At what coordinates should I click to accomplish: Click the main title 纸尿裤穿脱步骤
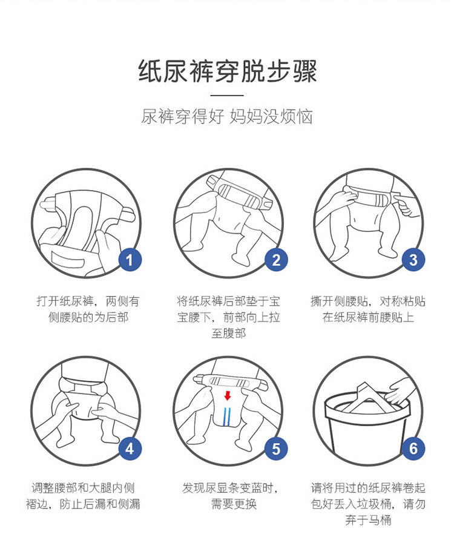(x=227, y=71)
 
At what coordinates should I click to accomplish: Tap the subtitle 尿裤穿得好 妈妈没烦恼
(x=227, y=116)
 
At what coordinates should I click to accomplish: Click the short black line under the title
(x=227, y=95)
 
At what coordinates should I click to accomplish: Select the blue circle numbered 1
(x=130, y=260)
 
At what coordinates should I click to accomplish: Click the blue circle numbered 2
(x=276, y=260)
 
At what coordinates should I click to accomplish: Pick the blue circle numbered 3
(x=413, y=260)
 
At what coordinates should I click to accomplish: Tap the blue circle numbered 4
(x=130, y=449)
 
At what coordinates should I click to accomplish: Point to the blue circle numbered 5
(x=276, y=449)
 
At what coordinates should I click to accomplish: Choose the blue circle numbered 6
(x=413, y=449)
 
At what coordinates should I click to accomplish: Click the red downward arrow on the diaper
(x=228, y=395)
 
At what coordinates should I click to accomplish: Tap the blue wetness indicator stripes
(x=227, y=416)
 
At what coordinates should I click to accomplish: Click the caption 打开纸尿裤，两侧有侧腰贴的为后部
(x=88, y=309)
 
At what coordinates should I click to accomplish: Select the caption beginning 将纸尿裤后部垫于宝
(x=228, y=317)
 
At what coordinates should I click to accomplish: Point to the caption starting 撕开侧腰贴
(x=368, y=309)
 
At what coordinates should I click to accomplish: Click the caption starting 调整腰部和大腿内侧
(x=83, y=496)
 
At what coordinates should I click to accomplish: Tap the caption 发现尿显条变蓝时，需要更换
(x=230, y=496)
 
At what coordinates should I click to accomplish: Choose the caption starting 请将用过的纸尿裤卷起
(x=368, y=504)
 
